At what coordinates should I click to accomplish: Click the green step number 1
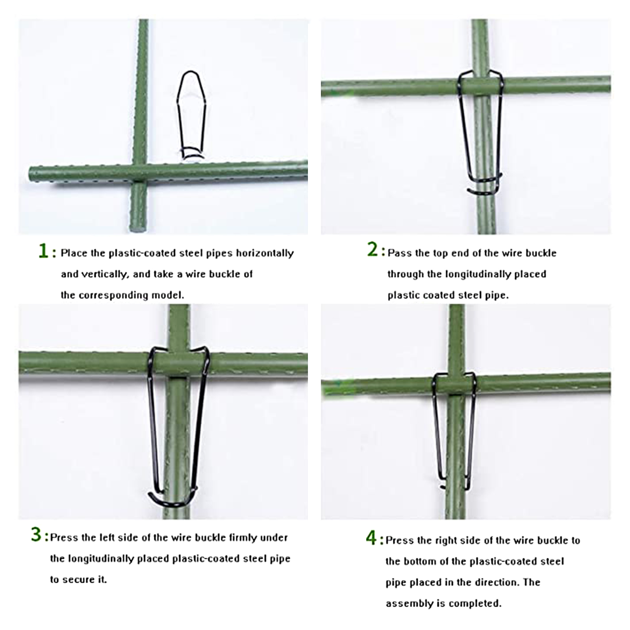point(43,251)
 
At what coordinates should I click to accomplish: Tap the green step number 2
point(372,249)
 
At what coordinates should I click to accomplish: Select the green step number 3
point(36,534)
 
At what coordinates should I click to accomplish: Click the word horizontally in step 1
point(265,253)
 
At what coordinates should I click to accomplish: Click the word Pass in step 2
point(400,253)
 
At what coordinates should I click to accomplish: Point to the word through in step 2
point(406,274)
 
